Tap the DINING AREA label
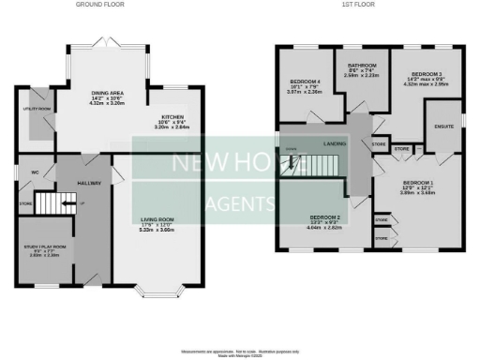tap(106, 94)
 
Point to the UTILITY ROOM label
tap(37, 109)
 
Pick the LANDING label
tap(334, 143)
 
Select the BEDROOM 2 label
tap(323, 217)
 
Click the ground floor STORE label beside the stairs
tap(25, 202)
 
